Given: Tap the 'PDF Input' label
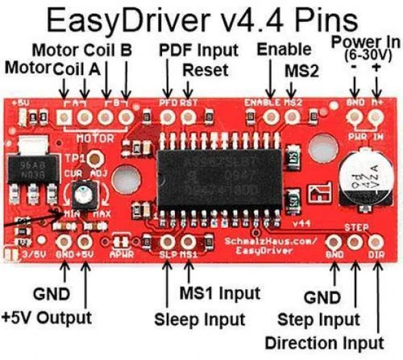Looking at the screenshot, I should (198, 50).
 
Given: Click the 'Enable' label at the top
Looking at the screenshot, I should (284, 49).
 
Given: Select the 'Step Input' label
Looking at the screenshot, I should (319, 318).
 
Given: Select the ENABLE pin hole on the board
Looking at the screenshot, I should (271, 118).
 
